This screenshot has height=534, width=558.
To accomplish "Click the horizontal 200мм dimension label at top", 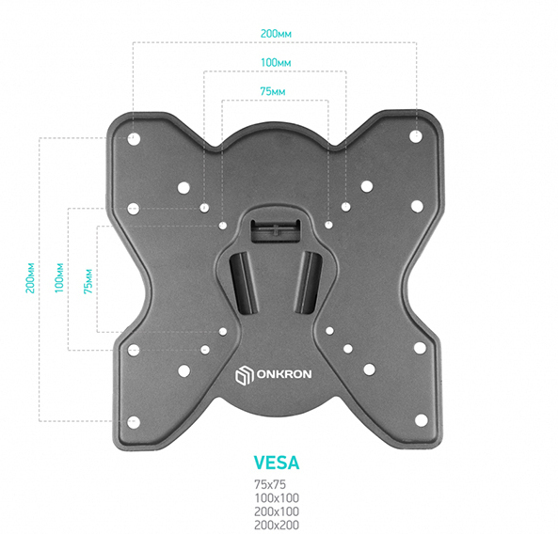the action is click(x=276, y=34).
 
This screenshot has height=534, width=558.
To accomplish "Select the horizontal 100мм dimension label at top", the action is click(x=276, y=63).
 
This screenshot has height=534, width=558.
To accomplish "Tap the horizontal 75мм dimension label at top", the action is click(x=273, y=92).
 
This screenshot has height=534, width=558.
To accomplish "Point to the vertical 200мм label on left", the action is click(x=30, y=278).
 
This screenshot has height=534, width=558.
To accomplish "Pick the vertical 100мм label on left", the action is click(x=59, y=278).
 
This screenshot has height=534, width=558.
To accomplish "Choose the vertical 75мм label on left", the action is click(x=88, y=281).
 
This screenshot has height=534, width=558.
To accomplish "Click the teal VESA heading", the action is click(x=277, y=463).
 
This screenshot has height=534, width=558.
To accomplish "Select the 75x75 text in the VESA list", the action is click(x=270, y=484).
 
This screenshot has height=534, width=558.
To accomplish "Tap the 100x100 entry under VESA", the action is click(x=277, y=497).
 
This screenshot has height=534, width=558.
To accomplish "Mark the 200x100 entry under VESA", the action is click(x=277, y=511).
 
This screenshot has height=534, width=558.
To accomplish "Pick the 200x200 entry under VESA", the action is click(x=277, y=526).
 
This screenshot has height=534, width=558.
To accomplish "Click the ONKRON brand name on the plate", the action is click(x=284, y=374).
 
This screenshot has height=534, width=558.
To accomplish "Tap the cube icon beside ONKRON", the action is click(x=244, y=376).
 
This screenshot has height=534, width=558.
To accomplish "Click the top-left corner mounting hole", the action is click(x=134, y=138).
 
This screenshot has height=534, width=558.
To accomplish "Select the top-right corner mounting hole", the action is click(x=416, y=136).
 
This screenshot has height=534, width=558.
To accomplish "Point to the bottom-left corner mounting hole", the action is click(x=134, y=422).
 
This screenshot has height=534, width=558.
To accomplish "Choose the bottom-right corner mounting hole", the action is click(x=422, y=420).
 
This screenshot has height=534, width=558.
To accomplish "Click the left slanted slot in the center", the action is click(x=244, y=283).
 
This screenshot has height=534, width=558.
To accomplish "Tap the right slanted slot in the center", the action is click(x=309, y=283).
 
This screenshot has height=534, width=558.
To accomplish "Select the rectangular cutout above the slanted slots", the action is click(x=276, y=230).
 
